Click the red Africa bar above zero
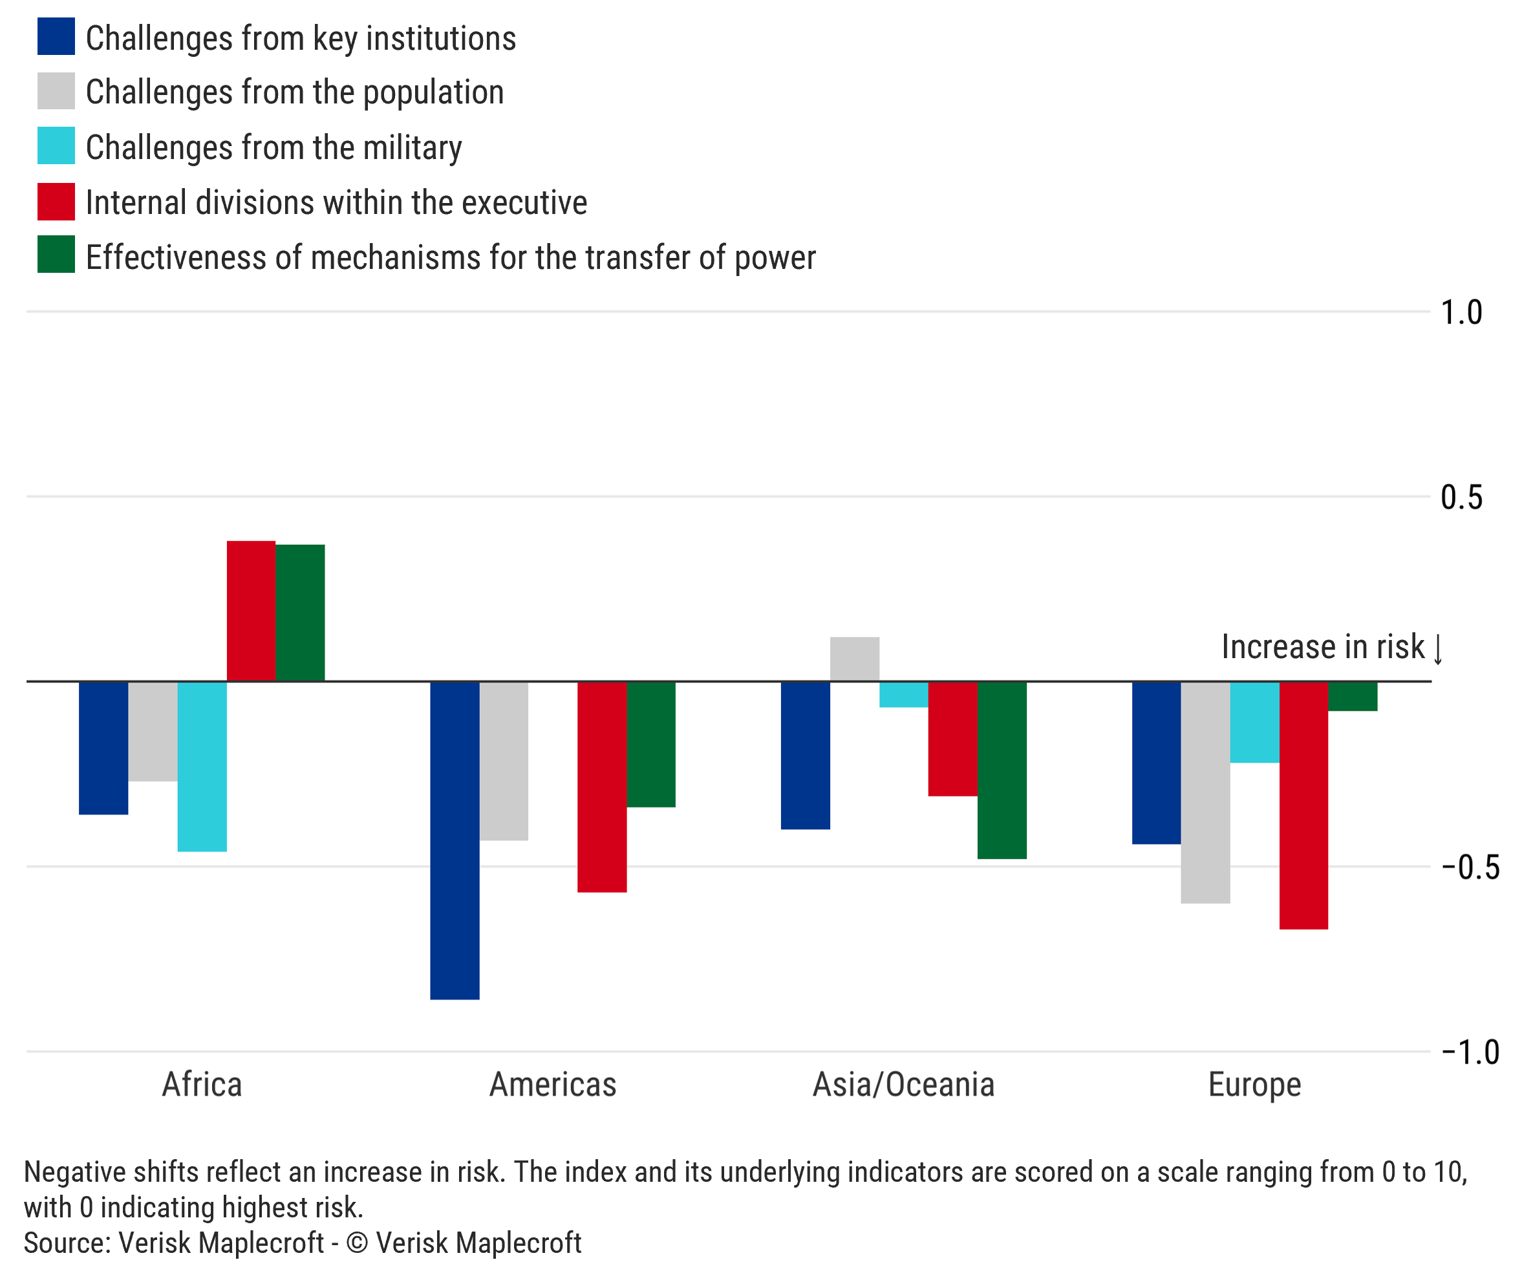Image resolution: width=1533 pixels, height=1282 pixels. [251, 611]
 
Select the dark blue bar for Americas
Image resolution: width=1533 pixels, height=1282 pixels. [455, 840]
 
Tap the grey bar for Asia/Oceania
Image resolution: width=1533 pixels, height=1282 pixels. [854, 659]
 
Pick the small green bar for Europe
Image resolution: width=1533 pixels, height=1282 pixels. [1353, 696]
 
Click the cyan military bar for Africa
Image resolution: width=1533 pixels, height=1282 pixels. [202, 767]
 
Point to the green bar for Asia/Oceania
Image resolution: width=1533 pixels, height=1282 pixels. [1002, 770]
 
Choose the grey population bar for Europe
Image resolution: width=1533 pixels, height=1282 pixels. [1205, 792]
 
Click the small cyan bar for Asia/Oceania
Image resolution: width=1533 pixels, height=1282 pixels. [904, 694]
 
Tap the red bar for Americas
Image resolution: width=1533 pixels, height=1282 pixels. [601, 787]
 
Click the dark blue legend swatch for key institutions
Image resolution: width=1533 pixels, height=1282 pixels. [56, 36]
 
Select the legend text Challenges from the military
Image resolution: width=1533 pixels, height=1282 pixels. [273, 147]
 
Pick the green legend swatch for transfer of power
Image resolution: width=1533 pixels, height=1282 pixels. [56, 254]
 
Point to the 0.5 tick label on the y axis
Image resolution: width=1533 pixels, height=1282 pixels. [1461, 498]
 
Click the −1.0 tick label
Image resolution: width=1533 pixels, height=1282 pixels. [1470, 1052]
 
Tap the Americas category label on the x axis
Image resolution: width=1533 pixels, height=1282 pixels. [553, 1085]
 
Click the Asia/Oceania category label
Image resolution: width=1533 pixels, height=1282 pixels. [904, 1085]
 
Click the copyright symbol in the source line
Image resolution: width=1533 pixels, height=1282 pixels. [357, 1243]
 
